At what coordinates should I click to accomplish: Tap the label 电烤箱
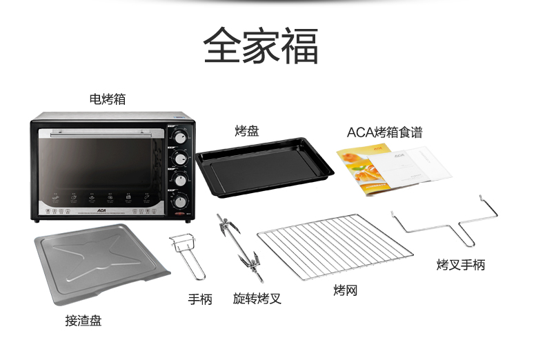click(107, 99)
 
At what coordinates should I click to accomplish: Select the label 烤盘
click(246, 131)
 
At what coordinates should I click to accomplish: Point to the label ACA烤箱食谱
click(384, 132)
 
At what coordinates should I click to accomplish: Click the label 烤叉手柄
click(460, 265)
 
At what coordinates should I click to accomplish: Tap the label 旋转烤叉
click(257, 299)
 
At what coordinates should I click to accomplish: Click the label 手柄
click(200, 299)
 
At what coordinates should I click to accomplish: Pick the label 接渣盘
click(83, 321)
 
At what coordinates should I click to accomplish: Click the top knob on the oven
click(180, 137)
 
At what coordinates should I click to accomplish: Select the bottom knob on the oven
click(180, 202)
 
